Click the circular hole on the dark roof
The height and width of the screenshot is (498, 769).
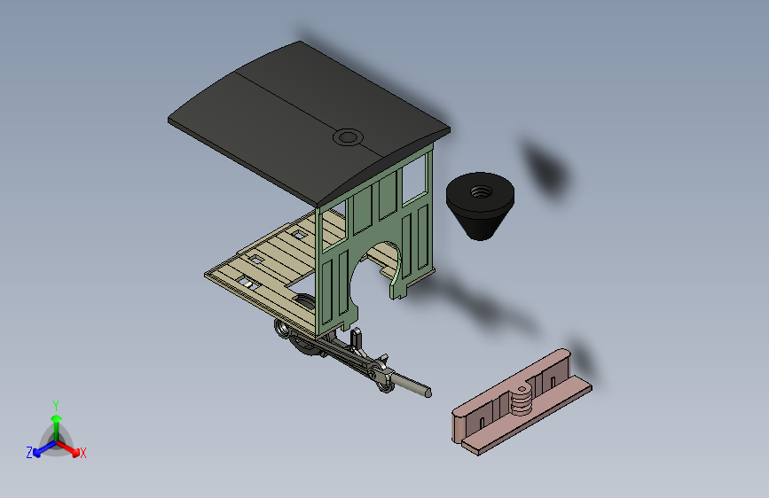[x=348, y=137]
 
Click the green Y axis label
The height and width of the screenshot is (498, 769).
[x=55, y=404]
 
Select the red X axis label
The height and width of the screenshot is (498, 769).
[x=83, y=453]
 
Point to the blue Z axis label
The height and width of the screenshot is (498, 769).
[x=29, y=452]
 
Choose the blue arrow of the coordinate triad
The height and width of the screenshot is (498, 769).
[x=39, y=448]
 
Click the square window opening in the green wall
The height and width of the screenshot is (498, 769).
[x=414, y=180]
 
